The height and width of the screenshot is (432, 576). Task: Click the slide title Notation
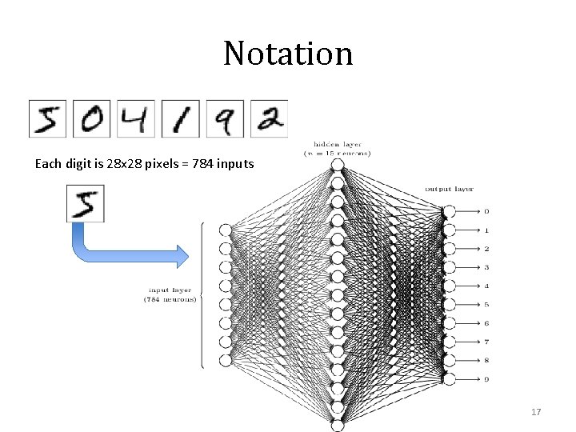[x=288, y=54]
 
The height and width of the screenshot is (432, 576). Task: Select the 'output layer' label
[x=449, y=190]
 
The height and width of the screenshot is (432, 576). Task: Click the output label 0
[x=486, y=211]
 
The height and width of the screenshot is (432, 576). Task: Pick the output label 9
[x=486, y=378]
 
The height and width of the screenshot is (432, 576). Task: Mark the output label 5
[x=486, y=304]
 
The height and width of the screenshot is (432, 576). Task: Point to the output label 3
[x=486, y=267]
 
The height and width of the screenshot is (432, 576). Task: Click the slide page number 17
[x=536, y=412]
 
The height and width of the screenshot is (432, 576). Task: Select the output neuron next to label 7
[x=450, y=342]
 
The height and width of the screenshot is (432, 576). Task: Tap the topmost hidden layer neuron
[x=338, y=165]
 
